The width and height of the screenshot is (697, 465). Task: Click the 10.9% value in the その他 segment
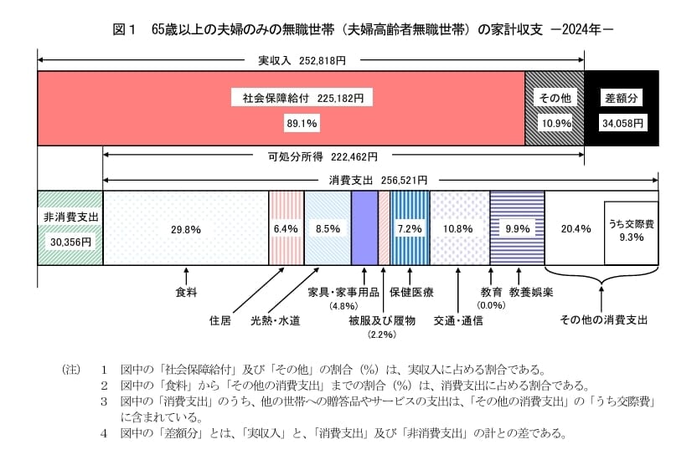click(554, 123)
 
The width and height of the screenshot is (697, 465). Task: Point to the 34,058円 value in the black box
click(622, 123)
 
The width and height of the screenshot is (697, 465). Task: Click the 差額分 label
click(622, 98)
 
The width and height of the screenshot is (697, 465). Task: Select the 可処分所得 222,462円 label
click(323, 156)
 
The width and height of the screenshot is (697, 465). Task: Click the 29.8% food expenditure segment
click(185, 228)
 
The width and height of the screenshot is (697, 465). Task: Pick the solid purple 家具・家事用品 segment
click(364, 228)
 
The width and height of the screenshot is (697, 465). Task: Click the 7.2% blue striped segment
click(410, 228)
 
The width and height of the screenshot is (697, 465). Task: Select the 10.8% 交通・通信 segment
click(459, 228)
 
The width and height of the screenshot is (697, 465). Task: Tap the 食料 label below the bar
click(186, 294)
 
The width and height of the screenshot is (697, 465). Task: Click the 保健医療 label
click(410, 294)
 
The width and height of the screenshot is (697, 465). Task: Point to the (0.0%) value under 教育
click(491, 306)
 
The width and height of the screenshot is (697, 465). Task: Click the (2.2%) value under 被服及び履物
click(382, 335)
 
